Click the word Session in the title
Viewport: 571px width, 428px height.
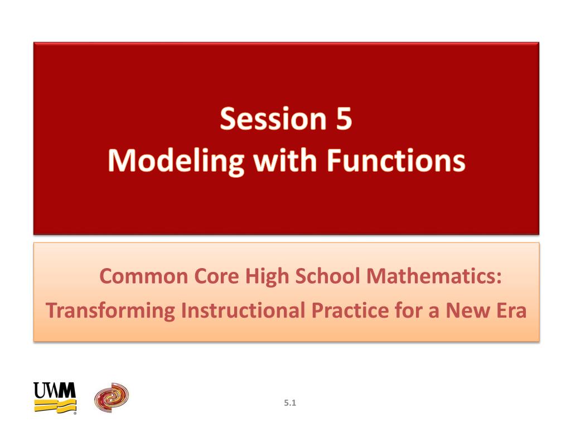[273, 119]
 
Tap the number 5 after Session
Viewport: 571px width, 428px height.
[343, 119]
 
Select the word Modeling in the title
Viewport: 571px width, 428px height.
[176, 161]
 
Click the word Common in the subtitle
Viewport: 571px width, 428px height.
[143, 276]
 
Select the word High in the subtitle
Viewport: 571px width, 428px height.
[267, 277]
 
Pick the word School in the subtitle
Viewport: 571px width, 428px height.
[327, 276]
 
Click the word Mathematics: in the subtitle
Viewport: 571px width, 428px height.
[434, 276]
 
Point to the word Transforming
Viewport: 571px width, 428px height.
[110, 311]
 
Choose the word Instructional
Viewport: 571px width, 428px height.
[243, 310]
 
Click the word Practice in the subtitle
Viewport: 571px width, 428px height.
[350, 310]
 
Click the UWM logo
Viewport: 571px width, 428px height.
[55, 398]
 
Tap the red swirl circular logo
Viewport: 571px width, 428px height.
[112, 397]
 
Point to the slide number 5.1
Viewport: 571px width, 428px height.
[290, 403]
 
